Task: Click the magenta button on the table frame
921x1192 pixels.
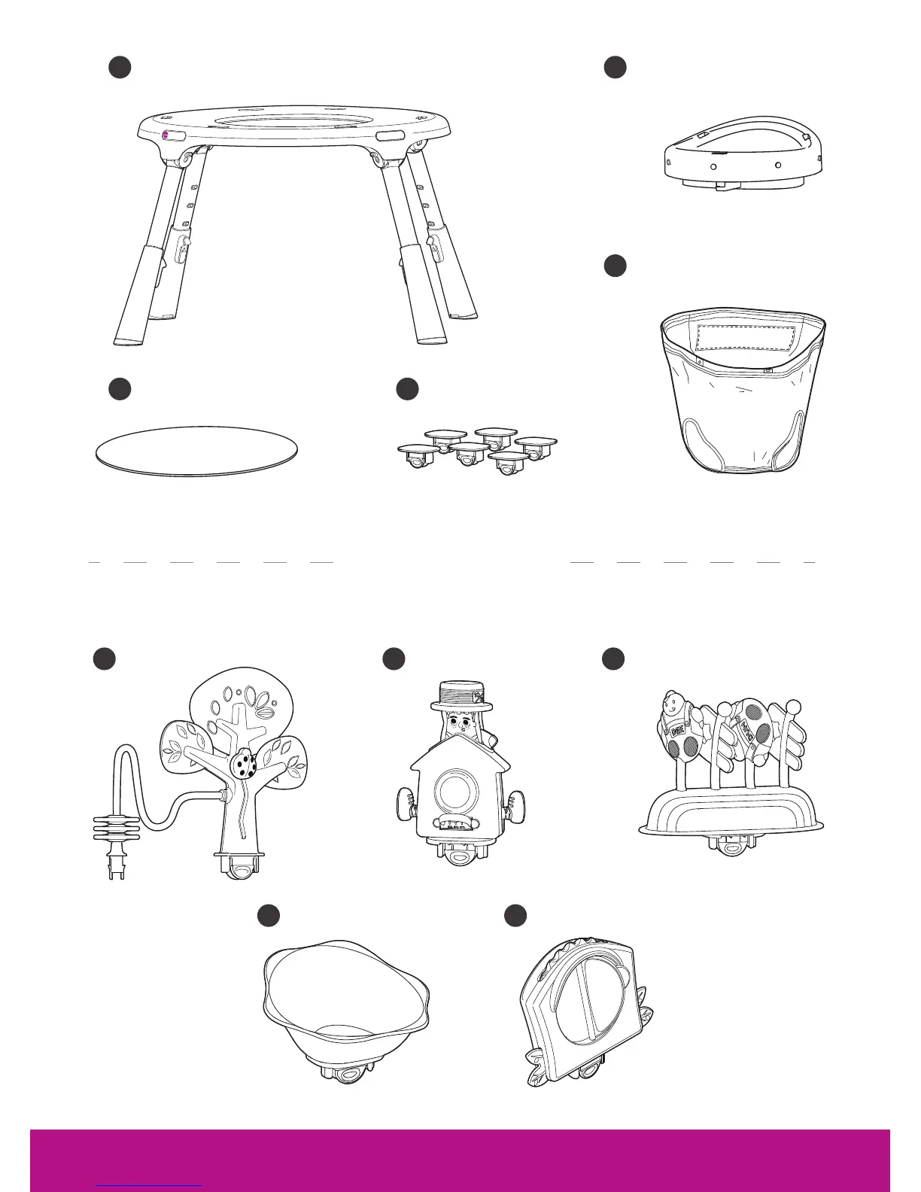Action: (x=166, y=135)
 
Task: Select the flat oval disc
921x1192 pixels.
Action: (x=197, y=452)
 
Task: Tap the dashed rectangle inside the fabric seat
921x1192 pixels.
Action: (x=746, y=339)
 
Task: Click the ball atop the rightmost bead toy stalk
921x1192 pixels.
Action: (x=793, y=707)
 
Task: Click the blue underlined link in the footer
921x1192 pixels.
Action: (x=150, y=1184)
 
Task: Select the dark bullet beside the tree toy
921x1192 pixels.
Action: (x=105, y=658)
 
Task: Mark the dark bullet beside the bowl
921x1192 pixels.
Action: (x=269, y=915)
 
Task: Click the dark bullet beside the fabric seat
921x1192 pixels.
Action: (x=616, y=266)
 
